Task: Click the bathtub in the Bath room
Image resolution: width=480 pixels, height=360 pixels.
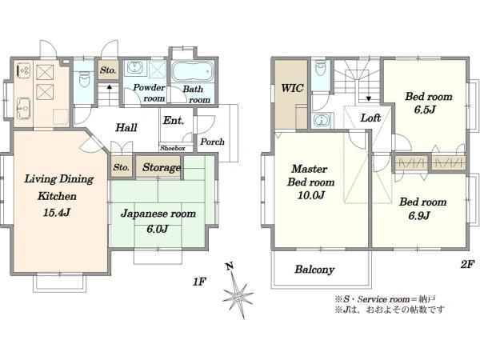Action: (x=192, y=72)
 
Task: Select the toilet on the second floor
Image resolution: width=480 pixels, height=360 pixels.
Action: (x=320, y=68)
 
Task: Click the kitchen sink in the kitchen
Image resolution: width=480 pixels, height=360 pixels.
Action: (x=23, y=108)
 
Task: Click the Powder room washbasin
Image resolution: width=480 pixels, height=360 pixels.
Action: (x=134, y=67)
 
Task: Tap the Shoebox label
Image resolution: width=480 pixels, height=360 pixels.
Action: (x=173, y=149)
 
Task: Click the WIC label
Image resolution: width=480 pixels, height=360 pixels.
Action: (x=292, y=88)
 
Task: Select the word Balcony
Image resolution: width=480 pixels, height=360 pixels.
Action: (x=314, y=270)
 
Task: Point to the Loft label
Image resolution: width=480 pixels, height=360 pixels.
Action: (x=370, y=118)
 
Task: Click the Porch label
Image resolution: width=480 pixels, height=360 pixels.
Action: (x=212, y=142)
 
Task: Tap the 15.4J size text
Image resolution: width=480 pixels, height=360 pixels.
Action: (x=58, y=212)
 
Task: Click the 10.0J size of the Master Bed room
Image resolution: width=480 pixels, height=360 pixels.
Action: (x=310, y=195)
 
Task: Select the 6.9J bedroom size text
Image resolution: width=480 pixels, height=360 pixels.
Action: (x=419, y=215)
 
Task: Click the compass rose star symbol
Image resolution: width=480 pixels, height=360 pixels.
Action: (x=238, y=295)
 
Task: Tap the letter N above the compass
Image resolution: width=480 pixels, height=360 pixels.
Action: (x=230, y=266)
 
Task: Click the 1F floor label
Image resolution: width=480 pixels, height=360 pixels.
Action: (x=199, y=282)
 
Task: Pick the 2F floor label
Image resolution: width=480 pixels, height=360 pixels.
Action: (x=467, y=264)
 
